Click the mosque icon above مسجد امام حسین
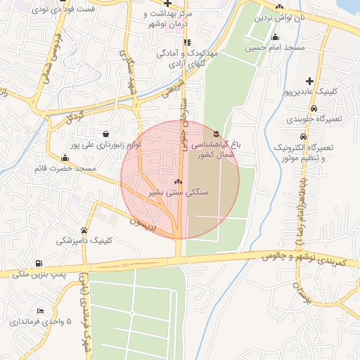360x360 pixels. (274, 37)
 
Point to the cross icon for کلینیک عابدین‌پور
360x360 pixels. (309, 82)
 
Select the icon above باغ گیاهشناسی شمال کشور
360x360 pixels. (217, 133)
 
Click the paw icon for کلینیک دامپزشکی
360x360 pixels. (84, 230)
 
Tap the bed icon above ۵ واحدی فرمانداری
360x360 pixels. (40, 311)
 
